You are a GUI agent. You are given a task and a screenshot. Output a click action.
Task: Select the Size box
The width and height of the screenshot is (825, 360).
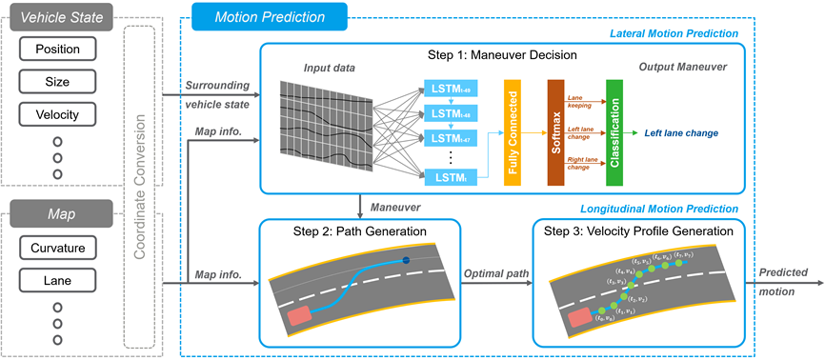coord(57,82)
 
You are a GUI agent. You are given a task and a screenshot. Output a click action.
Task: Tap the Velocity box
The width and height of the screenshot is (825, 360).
coord(57,115)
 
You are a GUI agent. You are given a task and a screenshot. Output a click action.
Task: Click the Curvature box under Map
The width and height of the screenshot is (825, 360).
coord(57,249)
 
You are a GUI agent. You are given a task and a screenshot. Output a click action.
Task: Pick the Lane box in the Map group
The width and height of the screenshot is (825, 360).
coord(57,282)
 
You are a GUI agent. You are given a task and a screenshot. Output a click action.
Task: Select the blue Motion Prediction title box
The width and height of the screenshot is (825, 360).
coord(269,16)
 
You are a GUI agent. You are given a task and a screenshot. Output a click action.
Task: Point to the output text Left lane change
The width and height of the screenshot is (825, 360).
coord(682,133)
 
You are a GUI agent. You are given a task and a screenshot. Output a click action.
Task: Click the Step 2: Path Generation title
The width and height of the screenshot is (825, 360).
coord(358,231)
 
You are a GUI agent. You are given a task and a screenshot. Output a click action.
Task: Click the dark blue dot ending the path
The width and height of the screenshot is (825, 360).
coord(407,260)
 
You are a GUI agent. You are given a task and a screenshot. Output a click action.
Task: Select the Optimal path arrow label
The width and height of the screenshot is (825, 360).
coord(495,272)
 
